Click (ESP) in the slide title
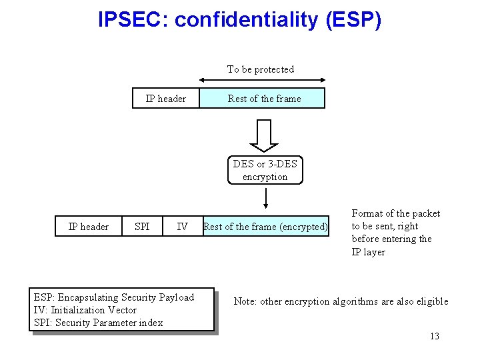click(x=354, y=20)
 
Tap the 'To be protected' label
click(x=260, y=69)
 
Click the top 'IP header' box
click(x=166, y=99)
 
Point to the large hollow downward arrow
click(x=265, y=135)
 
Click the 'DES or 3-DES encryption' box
click(x=265, y=170)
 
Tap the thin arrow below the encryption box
click(x=265, y=198)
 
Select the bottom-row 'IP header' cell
click(x=89, y=227)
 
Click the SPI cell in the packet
click(x=142, y=227)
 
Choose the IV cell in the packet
click(x=182, y=227)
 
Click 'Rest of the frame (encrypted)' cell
click(x=265, y=227)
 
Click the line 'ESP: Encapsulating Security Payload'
click(x=113, y=297)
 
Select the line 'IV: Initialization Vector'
click(x=85, y=310)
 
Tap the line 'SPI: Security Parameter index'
click(x=97, y=323)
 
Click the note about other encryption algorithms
click(x=341, y=301)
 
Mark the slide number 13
click(x=435, y=336)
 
